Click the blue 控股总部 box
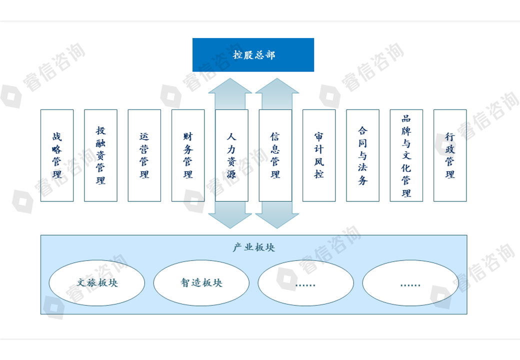coord(253,54)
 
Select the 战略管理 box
coord(57,155)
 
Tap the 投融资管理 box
coord(100,155)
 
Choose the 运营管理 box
coord(144,155)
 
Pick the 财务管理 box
coord(188,155)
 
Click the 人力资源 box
coord(231,155)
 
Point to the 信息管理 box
coord(275,155)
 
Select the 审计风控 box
coord(319,155)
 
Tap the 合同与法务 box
coord(362,155)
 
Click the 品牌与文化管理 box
coord(406,155)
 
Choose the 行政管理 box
coord(450,155)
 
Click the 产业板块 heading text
coord(253,247)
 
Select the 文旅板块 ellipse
coord(97,282)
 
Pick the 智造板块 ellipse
coord(201,282)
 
